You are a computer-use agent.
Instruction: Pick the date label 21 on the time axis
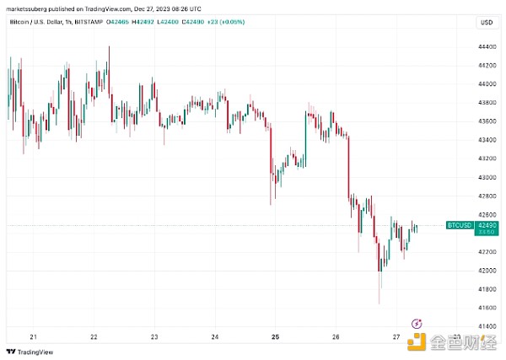click(33, 336)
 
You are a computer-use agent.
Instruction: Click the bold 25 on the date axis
click(275, 336)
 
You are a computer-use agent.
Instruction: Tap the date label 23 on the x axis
click(154, 336)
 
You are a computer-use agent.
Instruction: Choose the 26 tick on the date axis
click(336, 336)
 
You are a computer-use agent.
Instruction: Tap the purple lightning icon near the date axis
click(416, 323)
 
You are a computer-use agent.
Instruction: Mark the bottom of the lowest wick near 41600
click(379, 304)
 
